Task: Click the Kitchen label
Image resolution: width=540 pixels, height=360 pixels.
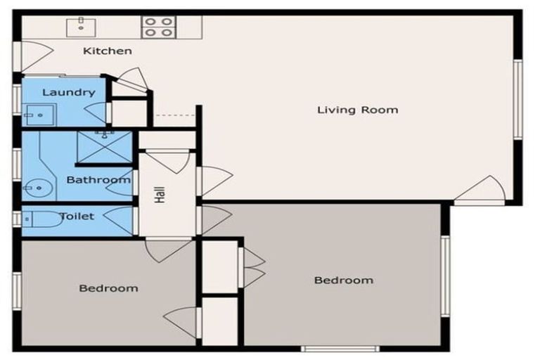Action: [x=108, y=51]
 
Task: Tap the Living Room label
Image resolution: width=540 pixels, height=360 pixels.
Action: [x=357, y=110]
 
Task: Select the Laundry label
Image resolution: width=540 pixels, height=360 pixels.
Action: [x=68, y=92]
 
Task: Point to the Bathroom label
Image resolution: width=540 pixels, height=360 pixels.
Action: [x=98, y=180]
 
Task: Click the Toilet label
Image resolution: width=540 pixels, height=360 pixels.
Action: [x=77, y=217]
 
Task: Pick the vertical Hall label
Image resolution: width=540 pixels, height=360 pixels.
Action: [x=160, y=195]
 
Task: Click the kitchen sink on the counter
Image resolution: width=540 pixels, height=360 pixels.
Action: [x=81, y=27]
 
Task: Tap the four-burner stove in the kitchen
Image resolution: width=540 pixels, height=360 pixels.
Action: [x=158, y=27]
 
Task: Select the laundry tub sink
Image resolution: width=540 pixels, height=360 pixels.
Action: [x=39, y=115]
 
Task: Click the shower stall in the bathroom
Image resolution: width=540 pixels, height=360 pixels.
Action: [x=104, y=146]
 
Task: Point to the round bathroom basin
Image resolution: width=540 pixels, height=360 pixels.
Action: [x=38, y=188]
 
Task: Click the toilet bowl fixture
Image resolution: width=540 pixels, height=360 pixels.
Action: [x=42, y=219]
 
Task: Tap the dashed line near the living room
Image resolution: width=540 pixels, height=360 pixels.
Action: [x=176, y=115]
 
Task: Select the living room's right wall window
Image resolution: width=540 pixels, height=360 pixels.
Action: [x=517, y=100]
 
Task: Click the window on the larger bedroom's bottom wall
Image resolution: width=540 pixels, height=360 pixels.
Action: [x=340, y=349]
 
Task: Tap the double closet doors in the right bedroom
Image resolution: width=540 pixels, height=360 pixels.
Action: [x=252, y=267]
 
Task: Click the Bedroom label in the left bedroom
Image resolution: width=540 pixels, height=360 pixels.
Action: [x=108, y=288]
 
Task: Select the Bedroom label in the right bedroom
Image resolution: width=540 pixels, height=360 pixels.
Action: [x=344, y=281]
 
